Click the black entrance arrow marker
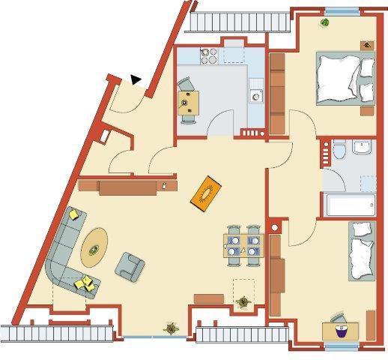click(136, 78)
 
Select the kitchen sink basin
click(257, 95)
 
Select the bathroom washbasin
click(363, 148)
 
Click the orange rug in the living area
click(207, 193)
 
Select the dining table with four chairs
click(243, 246)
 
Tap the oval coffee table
click(94, 246)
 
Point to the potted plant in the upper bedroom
click(325, 22)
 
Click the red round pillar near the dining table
click(275, 226)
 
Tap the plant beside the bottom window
click(172, 328)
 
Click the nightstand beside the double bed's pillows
click(366, 46)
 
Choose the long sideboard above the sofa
click(127, 185)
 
